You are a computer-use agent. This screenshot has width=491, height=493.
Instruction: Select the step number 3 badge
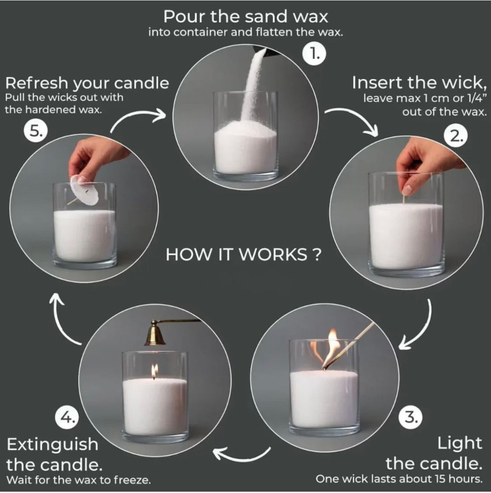click(411, 417)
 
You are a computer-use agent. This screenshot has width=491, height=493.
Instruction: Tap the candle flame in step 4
click(154, 371)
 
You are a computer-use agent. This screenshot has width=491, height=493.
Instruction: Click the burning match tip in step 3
click(325, 365)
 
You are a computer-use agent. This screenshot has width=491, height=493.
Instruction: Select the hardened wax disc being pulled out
click(84, 190)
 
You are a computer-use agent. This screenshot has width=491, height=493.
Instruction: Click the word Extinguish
click(52, 445)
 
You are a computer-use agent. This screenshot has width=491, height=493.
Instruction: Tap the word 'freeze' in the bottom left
click(131, 480)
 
